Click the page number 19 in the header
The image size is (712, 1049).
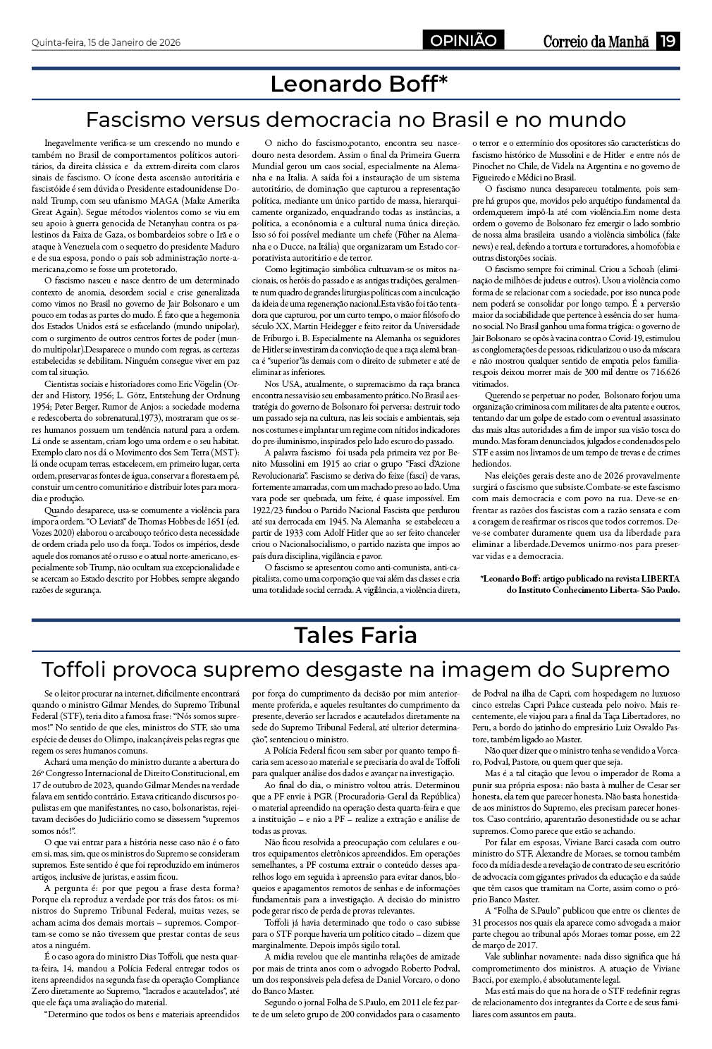[x=668, y=42]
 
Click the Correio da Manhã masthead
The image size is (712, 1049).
[x=596, y=42]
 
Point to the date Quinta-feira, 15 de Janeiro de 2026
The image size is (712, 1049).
[x=106, y=42]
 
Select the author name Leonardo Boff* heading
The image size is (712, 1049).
[x=359, y=85]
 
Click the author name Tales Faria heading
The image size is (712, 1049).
[x=355, y=634]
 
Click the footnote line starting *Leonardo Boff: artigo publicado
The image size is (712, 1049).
[x=579, y=578]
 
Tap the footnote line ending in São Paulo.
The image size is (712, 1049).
[x=594, y=589]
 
